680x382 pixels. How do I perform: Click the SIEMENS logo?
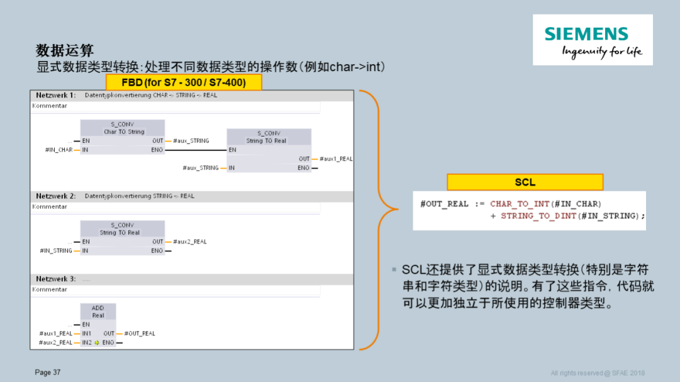[592, 40]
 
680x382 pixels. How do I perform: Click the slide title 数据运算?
[65, 50]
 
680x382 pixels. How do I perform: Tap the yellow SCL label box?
[524, 182]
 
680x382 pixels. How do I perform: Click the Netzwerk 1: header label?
[55, 95]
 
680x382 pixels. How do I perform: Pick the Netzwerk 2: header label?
[55, 196]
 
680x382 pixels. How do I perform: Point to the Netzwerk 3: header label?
[55, 279]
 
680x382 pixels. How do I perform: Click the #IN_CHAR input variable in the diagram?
[59, 150]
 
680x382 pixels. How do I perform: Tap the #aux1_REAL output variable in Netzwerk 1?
[336, 159]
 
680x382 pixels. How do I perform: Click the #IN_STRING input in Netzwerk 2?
[56, 250]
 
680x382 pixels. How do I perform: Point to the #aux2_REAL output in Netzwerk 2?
[190, 242]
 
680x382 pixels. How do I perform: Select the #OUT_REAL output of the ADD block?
[140, 334]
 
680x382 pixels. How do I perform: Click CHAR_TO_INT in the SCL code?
[517, 204]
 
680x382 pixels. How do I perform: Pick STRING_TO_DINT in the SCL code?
[535, 216]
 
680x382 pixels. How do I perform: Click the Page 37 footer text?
[48, 373]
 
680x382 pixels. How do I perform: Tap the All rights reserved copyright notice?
[598, 373]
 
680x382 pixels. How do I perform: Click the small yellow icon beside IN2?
[96, 343]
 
